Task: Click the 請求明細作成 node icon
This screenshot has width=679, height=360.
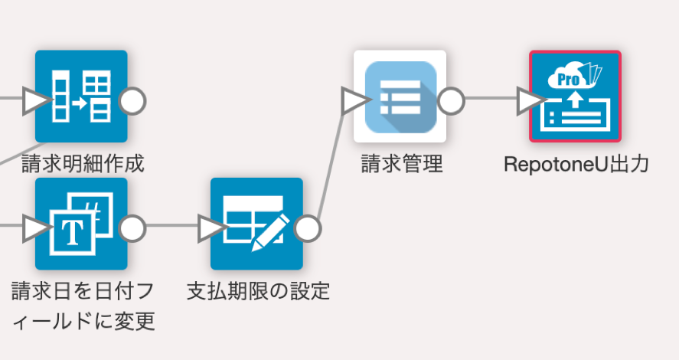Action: pyautogui.click(x=81, y=97)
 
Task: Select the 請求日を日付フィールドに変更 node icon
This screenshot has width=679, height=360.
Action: pyautogui.click(x=81, y=224)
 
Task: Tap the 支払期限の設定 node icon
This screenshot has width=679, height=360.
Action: pyautogui.click(x=256, y=224)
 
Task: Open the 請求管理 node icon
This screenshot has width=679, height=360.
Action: pyautogui.click(x=400, y=97)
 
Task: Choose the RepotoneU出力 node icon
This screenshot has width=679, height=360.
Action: pyautogui.click(x=575, y=97)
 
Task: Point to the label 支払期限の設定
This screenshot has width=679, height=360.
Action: pyautogui.click(x=258, y=291)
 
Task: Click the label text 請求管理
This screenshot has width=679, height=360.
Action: pyautogui.click(x=402, y=163)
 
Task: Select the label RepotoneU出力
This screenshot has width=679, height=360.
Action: pyautogui.click(x=576, y=163)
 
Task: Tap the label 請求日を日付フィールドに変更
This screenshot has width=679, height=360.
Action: pyautogui.click(x=83, y=306)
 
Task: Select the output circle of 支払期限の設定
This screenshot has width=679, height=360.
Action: pyautogui.click(x=308, y=227)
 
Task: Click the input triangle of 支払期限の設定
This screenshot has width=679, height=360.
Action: pyautogui.click(x=211, y=227)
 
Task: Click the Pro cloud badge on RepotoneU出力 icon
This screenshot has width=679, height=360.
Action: pyautogui.click(x=567, y=79)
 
